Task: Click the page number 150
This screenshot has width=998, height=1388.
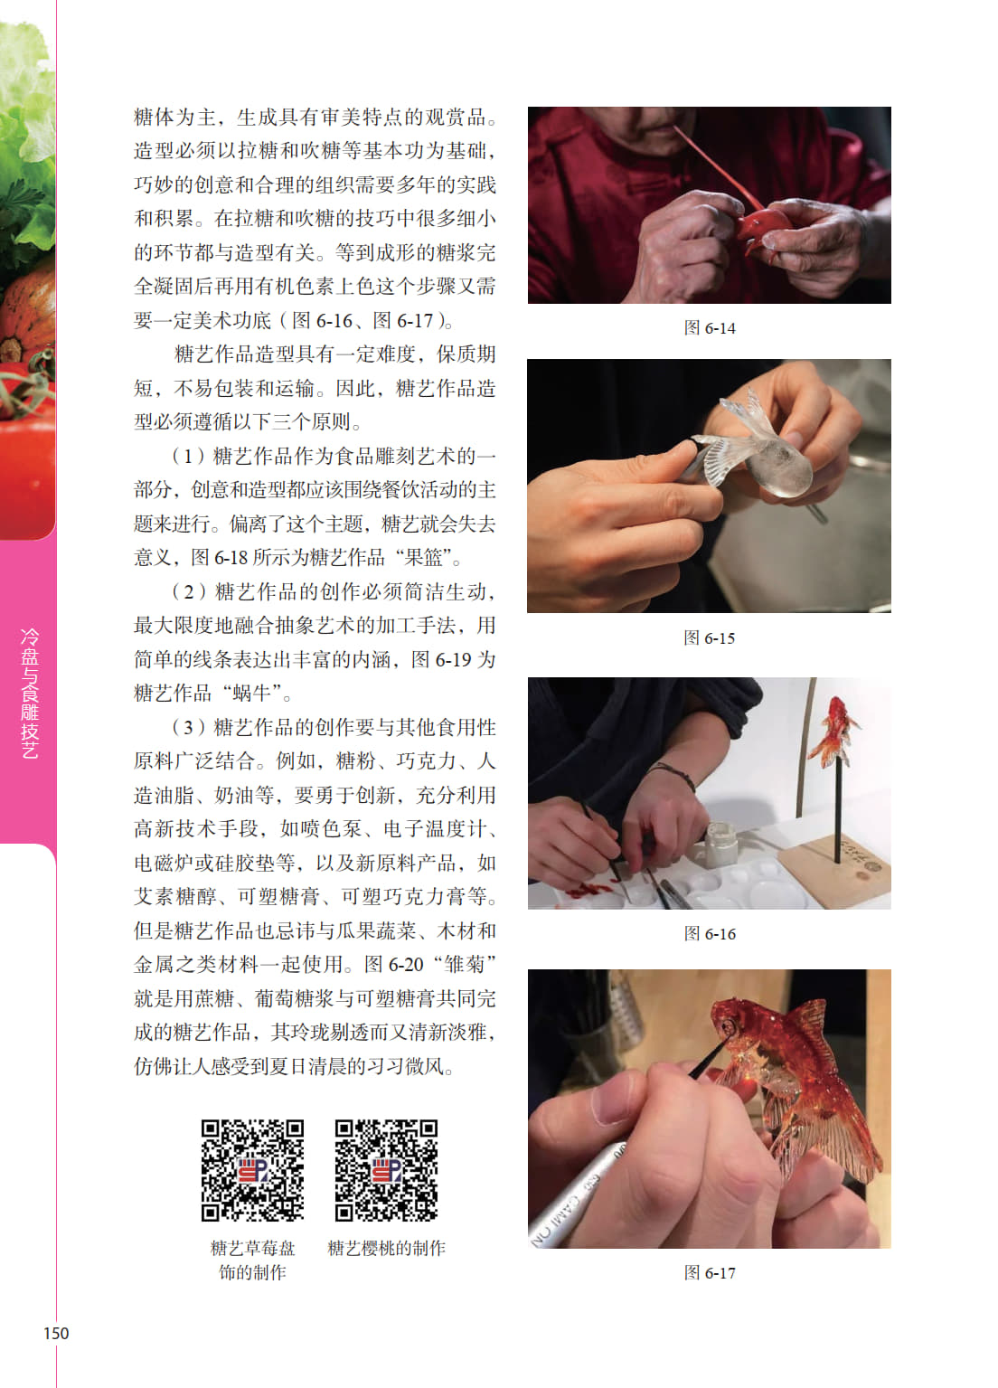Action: tap(56, 1333)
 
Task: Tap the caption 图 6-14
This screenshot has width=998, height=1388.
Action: tap(710, 328)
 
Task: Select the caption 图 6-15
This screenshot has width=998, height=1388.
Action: tap(710, 637)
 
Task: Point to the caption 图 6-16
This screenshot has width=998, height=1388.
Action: tap(710, 933)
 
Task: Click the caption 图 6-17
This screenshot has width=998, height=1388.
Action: tap(710, 1273)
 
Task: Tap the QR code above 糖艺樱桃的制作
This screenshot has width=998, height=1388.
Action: tap(386, 1170)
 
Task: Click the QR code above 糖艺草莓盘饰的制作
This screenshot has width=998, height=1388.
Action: tap(252, 1170)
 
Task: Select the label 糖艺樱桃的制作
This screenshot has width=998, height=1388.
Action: tap(386, 1248)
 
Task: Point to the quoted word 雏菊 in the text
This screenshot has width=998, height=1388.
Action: tap(464, 964)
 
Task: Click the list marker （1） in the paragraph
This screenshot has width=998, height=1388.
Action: tap(188, 456)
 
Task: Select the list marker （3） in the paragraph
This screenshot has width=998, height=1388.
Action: tap(188, 727)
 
